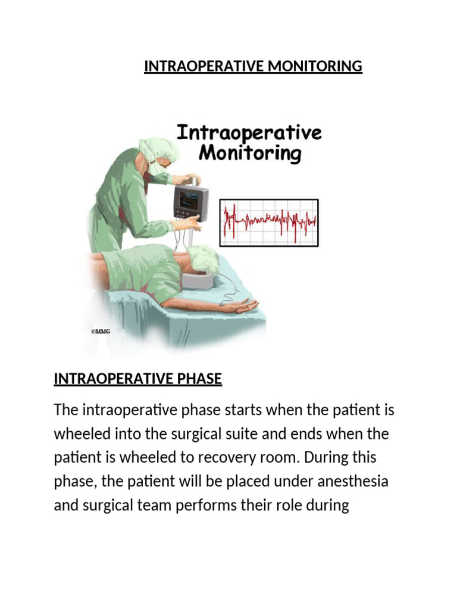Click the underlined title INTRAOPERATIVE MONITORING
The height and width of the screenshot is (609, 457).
click(x=253, y=66)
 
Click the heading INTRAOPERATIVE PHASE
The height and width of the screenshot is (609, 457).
click(x=137, y=379)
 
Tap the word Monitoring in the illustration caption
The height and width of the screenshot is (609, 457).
click(x=250, y=153)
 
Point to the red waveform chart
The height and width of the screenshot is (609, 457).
click(x=270, y=223)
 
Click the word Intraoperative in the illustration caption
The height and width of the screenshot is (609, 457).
click(x=249, y=131)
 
